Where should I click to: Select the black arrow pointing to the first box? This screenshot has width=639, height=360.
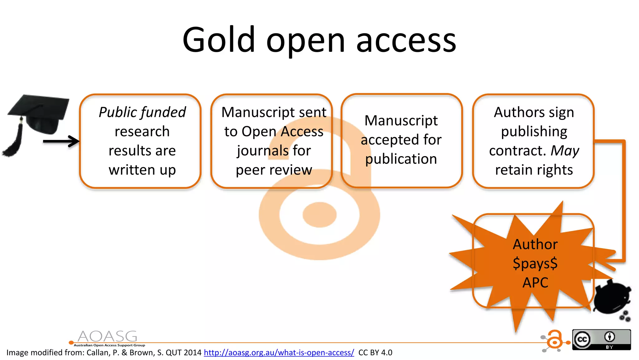pyautogui.click(x=61, y=141)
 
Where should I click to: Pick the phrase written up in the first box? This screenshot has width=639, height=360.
pyautogui.click(x=142, y=170)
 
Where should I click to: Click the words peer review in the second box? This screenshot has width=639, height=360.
pyautogui.click(x=274, y=170)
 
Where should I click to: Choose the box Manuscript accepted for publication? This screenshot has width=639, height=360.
pyautogui.click(x=401, y=141)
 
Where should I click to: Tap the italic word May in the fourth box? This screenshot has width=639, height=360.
pyautogui.click(x=565, y=151)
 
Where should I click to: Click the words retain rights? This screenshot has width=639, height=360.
pyautogui.click(x=534, y=170)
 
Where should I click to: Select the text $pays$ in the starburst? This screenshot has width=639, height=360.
pyautogui.click(x=535, y=263)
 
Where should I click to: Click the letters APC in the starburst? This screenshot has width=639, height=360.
pyautogui.click(x=535, y=283)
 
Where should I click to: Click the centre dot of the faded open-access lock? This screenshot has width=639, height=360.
pyautogui.click(x=319, y=215)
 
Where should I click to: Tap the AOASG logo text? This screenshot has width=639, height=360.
pyautogui.click(x=107, y=337)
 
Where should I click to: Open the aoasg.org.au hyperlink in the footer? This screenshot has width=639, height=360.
pyautogui.click(x=279, y=353)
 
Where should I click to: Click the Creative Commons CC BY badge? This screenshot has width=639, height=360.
pyautogui.click(x=601, y=340)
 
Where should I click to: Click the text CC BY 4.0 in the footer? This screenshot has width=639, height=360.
pyautogui.click(x=375, y=353)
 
